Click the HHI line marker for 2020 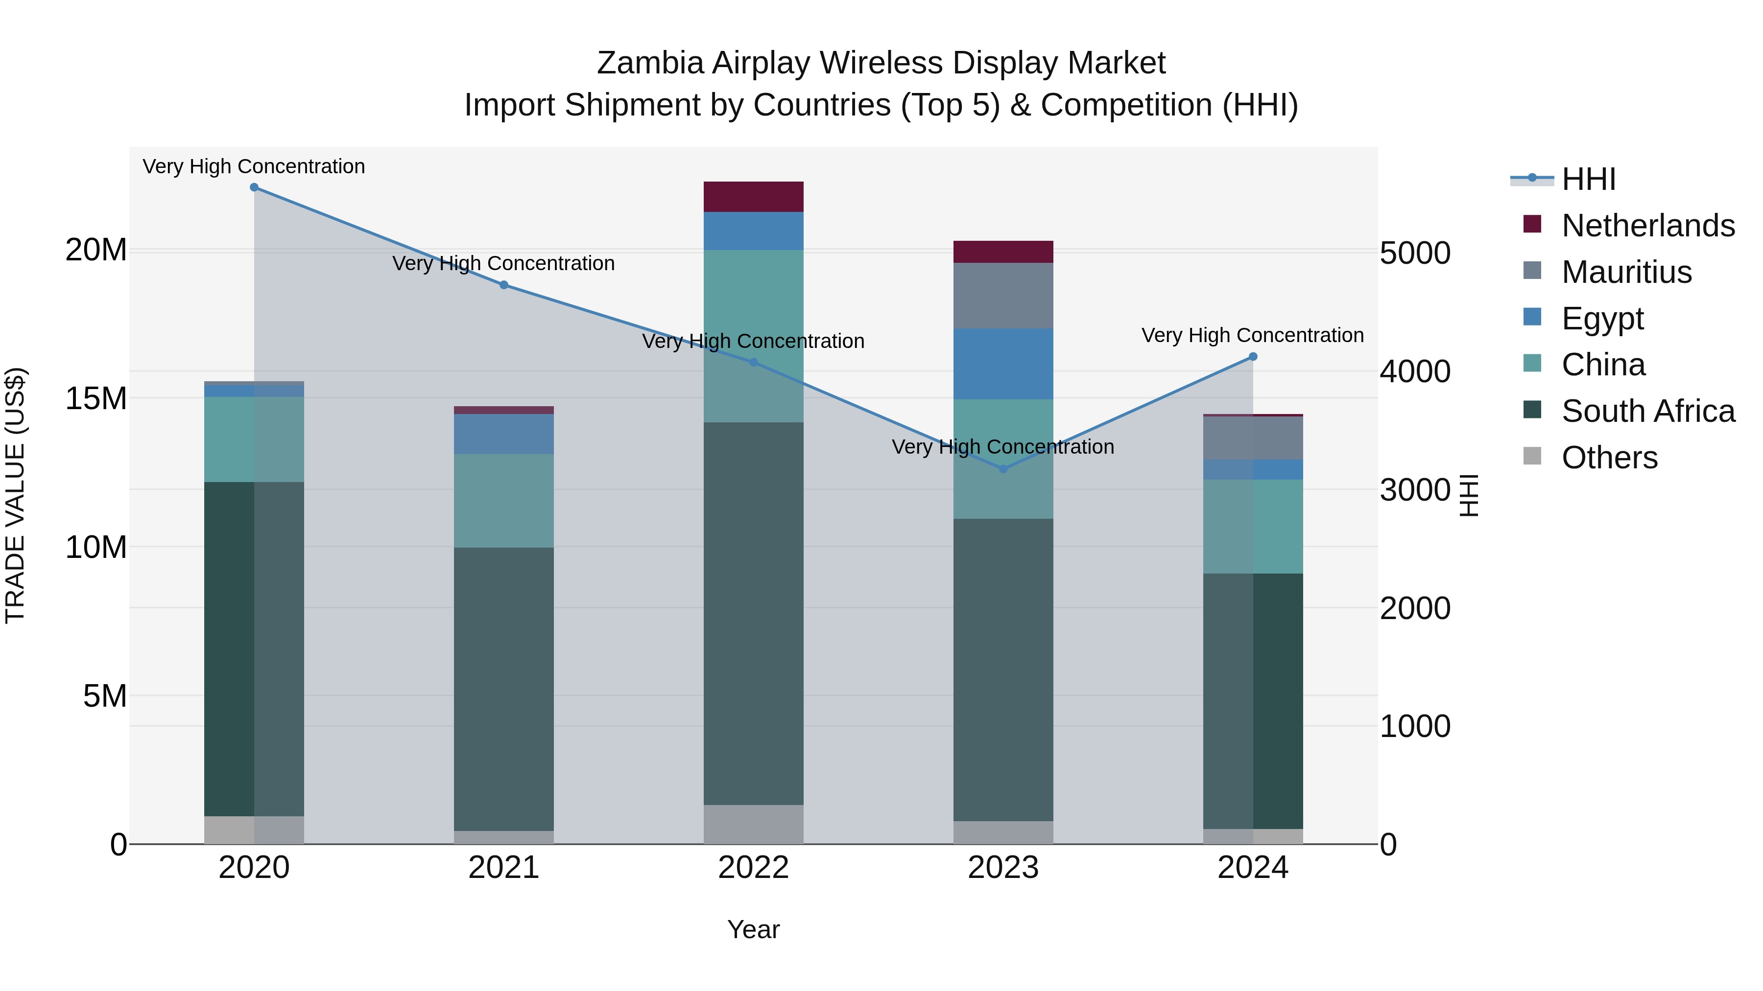pyautogui.click(x=254, y=187)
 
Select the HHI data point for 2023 pyautogui.click(x=1003, y=469)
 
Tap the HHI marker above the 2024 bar pyautogui.click(x=1253, y=356)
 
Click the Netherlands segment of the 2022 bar pyautogui.click(x=754, y=197)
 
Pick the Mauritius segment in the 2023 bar pyautogui.click(x=1003, y=296)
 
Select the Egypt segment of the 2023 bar pyautogui.click(x=1003, y=364)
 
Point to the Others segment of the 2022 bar pyautogui.click(x=754, y=824)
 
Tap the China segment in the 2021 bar pyautogui.click(x=504, y=501)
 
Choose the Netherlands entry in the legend pyautogui.click(x=1647, y=226)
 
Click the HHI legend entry pyautogui.click(x=1588, y=179)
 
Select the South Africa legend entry pyautogui.click(x=1647, y=411)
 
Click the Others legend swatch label pyautogui.click(x=1609, y=458)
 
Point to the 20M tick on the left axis pyautogui.click(x=96, y=250)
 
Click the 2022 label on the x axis pyautogui.click(x=754, y=868)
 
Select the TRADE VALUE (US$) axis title pyautogui.click(x=15, y=495)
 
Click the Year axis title pyautogui.click(x=754, y=929)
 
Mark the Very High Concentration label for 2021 pyautogui.click(x=504, y=263)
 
